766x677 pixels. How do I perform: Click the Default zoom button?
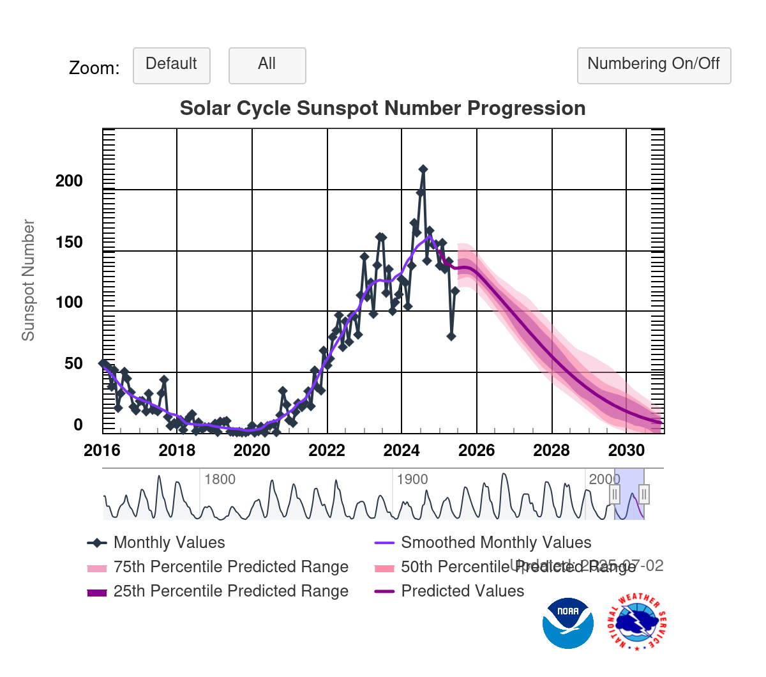point(171,65)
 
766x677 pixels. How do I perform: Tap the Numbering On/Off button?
point(654,65)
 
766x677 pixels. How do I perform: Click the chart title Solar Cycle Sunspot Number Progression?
point(382,109)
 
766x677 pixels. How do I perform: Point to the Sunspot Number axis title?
point(28,280)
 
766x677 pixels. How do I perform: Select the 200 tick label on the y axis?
point(69,181)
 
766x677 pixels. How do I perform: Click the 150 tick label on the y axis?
point(69,243)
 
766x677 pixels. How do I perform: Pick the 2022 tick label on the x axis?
point(327,451)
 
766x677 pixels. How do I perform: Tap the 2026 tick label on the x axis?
point(476,451)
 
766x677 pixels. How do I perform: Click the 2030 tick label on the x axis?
point(626,451)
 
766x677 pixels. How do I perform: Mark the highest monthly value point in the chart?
point(423,169)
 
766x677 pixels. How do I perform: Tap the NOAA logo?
point(568,623)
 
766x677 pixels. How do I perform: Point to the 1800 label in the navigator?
point(220,480)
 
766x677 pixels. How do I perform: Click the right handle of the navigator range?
point(644,494)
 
